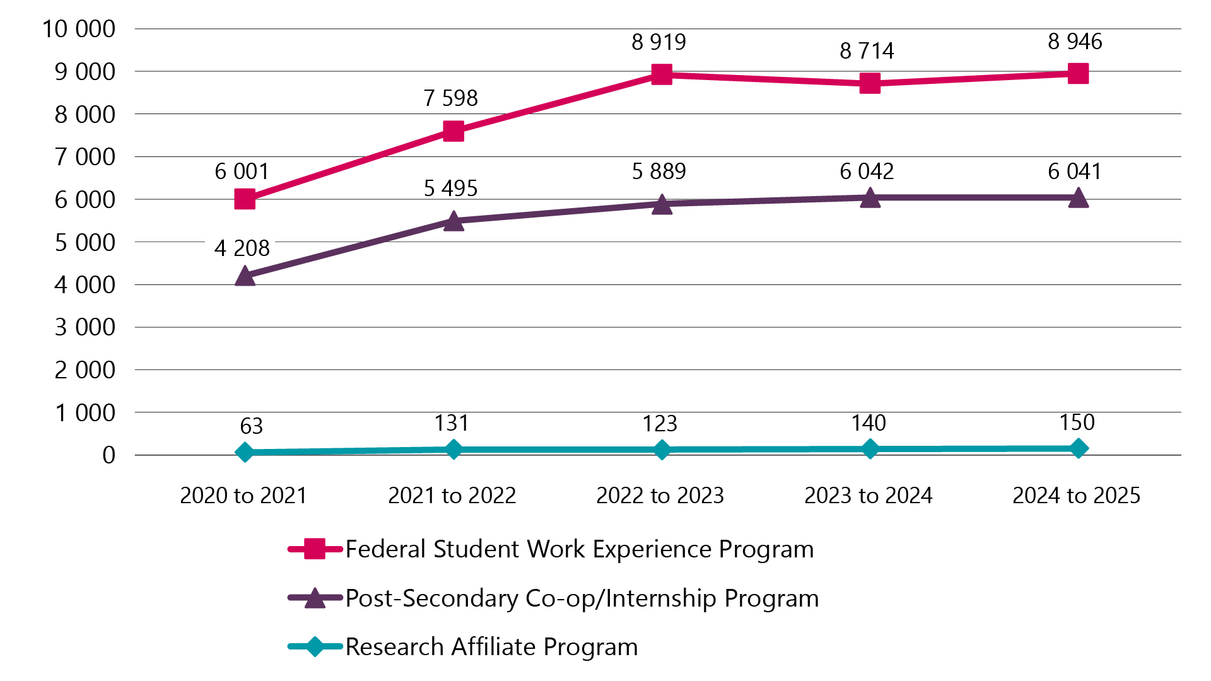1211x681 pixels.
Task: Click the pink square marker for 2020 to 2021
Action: pyautogui.click(x=245, y=199)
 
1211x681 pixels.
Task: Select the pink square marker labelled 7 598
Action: pyautogui.click(x=453, y=131)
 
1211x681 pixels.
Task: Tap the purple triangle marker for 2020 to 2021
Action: pyautogui.click(x=245, y=276)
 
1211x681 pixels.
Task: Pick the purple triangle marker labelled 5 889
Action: pyautogui.click(x=662, y=205)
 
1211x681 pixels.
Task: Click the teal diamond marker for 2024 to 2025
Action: pyautogui.click(x=1078, y=448)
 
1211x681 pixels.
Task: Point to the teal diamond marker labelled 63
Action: pyautogui.click(x=245, y=452)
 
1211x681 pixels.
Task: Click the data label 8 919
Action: pyautogui.click(x=658, y=42)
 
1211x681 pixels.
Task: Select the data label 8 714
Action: pyautogui.click(x=867, y=51)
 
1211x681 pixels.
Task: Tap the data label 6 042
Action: pyautogui.click(x=867, y=172)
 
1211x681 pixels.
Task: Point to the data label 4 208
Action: pyautogui.click(x=242, y=248)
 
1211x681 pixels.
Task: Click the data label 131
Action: pyautogui.click(x=451, y=423)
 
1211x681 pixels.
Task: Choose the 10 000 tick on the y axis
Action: pyautogui.click(x=79, y=29)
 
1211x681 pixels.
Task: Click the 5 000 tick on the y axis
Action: pyautogui.click(x=85, y=242)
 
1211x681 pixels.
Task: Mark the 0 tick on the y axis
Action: pyautogui.click(x=108, y=455)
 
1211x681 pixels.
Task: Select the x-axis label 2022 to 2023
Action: pyautogui.click(x=660, y=496)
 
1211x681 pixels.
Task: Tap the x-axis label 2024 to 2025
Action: pyautogui.click(x=1076, y=496)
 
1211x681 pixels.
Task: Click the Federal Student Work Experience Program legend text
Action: pyautogui.click(x=579, y=549)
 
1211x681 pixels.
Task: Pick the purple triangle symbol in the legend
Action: pyautogui.click(x=315, y=598)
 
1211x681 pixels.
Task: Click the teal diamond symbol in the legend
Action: pyautogui.click(x=315, y=647)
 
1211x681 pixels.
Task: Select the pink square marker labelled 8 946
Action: pyautogui.click(x=1078, y=73)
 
